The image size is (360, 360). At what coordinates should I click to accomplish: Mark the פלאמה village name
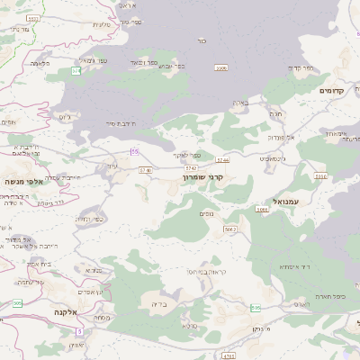click(x=40, y=63)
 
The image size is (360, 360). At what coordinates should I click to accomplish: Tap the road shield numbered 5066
click(x=262, y=209)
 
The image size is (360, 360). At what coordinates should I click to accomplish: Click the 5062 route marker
click(x=230, y=229)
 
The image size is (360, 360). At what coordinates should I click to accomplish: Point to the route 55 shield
click(x=134, y=150)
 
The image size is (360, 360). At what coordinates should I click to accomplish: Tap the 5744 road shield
click(x=223, y=159)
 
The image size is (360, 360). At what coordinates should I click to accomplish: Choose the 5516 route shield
click(x=321, y=176)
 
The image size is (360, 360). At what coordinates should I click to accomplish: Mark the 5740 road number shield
click(x=145, y=168)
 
